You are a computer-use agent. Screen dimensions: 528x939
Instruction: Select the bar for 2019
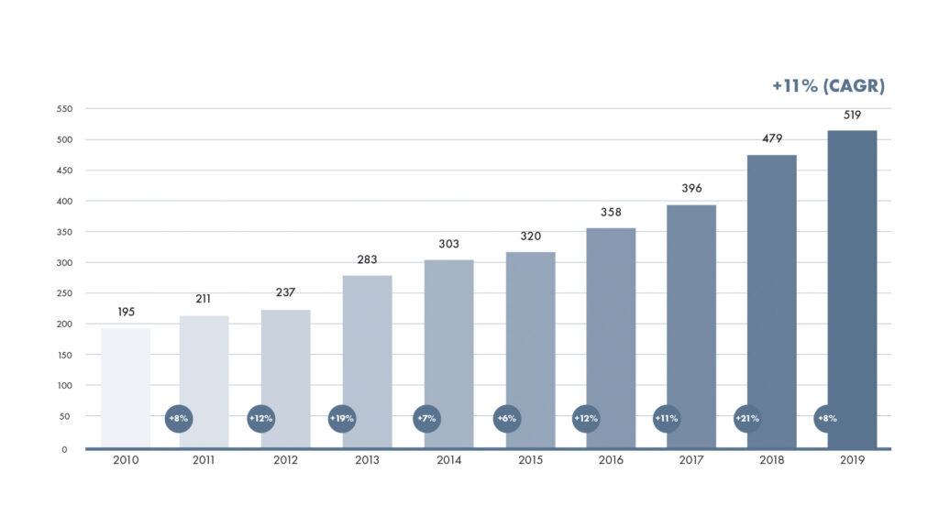pos(852,289)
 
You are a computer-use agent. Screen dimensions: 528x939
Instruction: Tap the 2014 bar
pos(448,354)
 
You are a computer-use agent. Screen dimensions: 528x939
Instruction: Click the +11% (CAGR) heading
pos(827,86)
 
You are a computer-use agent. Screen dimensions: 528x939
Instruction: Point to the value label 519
pos(852,115)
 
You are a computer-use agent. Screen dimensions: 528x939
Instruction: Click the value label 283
pos(367,259)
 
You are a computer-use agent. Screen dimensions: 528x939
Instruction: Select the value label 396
pos(690,189)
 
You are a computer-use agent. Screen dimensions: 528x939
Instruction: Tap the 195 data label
pos(126,313)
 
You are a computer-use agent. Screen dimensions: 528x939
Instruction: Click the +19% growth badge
pos(342,418)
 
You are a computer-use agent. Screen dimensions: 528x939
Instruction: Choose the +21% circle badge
pos(746,418)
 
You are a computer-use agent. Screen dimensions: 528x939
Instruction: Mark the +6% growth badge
pos(506,418)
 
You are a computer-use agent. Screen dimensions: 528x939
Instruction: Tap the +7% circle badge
pos(426,418)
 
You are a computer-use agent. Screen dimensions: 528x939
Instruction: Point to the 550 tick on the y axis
pos(64,109)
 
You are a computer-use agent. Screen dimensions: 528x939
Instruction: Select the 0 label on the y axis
pos(65,449)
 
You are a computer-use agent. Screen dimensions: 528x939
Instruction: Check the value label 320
pos(530,236)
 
